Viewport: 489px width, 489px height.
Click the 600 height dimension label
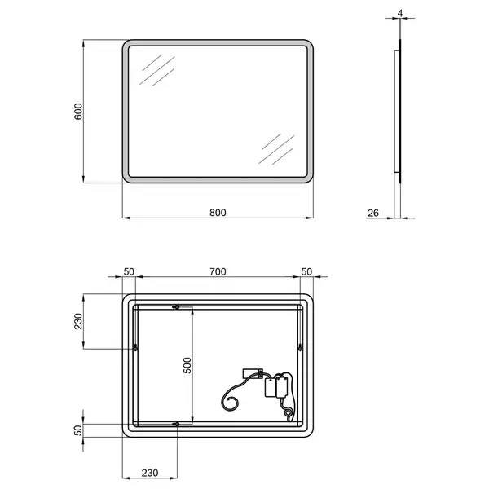pyautogui.click(x=78, y=111)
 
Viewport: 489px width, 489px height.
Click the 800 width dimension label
pyautogui.click(x=218, y=213)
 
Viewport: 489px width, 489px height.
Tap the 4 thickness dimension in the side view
pyautogui.click(x=400, y=13)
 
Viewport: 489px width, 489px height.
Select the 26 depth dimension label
pyautogui.click(x=373, y=213)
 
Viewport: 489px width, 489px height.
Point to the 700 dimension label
pyautogui.click(x=218, y=271)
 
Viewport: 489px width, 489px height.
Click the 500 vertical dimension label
pyautogui.click(x=187, y=365)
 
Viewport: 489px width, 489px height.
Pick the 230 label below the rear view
pyautogui.click(x=150, y=473)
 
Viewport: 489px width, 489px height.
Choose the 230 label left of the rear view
pyautogui.click(x=78, y=321)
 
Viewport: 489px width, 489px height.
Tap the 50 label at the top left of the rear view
pyautogui.click(x=129, y=271)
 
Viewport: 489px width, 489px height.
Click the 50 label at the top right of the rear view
pyautogui.click(x=306, y=271)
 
